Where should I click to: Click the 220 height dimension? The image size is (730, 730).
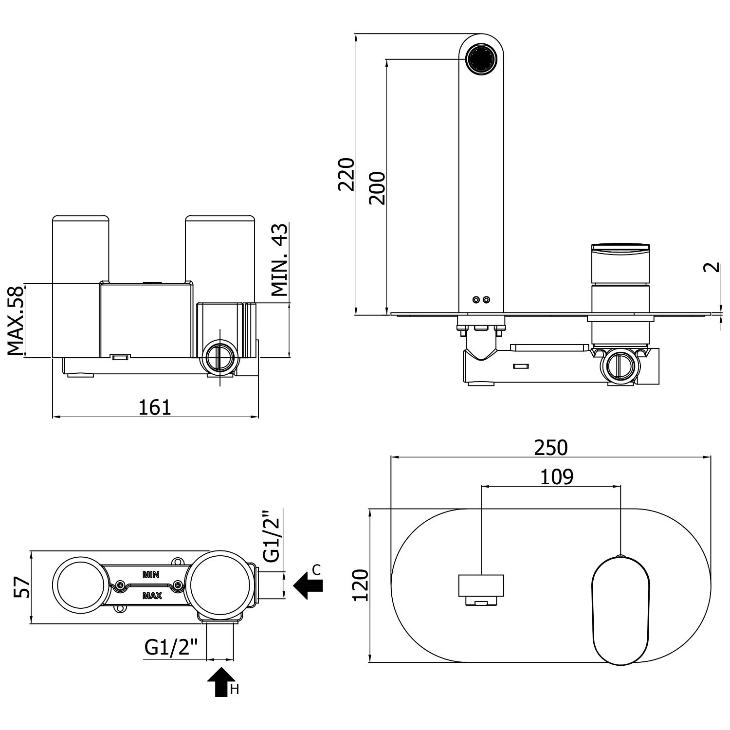pyautogui.click(x=347, y=174)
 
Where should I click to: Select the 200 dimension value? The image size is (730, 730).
pyautogui.click(x=377, y=188)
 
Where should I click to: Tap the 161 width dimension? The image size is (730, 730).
pyautogui.click(x=155, y=407)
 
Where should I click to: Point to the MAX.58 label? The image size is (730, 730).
pyautogui.click(x=16, y=321)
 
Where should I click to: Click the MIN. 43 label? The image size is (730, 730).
pyautogui.click(x=279, y=260)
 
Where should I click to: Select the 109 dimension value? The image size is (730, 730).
pyautogui.click(x=557, y=477)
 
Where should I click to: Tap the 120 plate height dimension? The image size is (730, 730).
pyautogui.click(x=361, y=585)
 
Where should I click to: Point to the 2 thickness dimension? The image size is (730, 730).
pyautogui.click(x=712, y=267)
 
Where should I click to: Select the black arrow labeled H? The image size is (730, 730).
pyautogui.click(x=221, y=682)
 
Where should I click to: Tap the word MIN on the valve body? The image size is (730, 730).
pyautogui.click(x=151, y=575)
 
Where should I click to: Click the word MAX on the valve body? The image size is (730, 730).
pyautogui.click(x=152, y=595)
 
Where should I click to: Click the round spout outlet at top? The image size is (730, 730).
pyautogui.click(x=481, y=59)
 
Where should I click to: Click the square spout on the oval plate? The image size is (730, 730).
pyautogui.click(x=481, y=586)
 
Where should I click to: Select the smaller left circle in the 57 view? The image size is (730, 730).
pyautogui.click(x=80, y=585)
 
